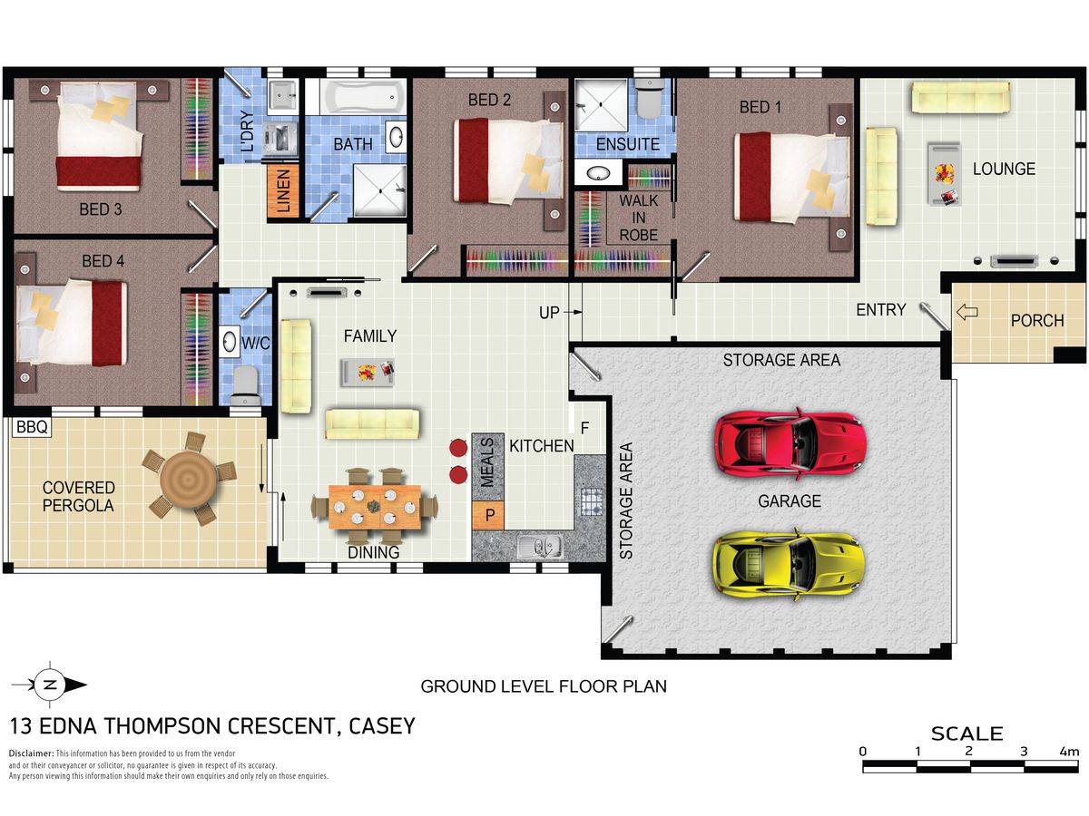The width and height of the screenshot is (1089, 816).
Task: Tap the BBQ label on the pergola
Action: pos(32,426)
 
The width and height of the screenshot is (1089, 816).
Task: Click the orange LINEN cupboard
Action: pos(283,190)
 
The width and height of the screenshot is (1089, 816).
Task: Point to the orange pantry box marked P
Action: pos(488,515)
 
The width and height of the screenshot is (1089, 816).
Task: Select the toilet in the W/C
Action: pos(245,385)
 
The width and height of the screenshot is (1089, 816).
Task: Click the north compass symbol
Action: pos(50,685)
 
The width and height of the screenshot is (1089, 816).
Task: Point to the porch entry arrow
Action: pos(967,312)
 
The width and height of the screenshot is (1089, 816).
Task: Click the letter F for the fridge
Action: pos(585,428)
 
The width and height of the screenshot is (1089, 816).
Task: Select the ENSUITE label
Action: pos(628,144)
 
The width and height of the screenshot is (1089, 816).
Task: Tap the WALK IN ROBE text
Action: pos(639,218)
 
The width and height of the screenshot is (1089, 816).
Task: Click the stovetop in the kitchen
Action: pos(592,500)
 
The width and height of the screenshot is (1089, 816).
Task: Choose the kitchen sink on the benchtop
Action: pos(540,546)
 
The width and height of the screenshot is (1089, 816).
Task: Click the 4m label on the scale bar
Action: pos(1069,753)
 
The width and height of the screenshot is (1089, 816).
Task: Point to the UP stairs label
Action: pos(549,313)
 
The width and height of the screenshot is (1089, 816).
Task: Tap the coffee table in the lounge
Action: pos(944,174)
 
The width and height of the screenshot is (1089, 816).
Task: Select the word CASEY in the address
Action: pos(382,726)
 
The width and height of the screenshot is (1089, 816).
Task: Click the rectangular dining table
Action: pos(375,506)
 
